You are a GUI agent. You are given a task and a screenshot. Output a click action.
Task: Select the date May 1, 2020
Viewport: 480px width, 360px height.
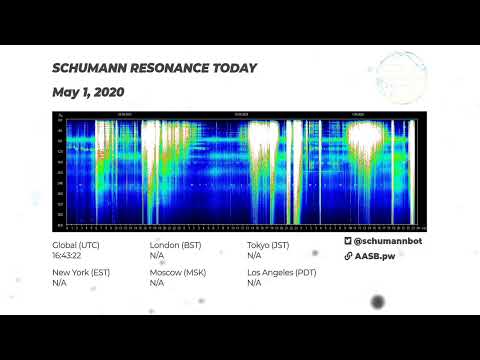pyautogui.click(x=88, y=92)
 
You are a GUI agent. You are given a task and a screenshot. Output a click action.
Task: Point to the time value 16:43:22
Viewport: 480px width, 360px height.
pyautogui.click(x=68, y=255)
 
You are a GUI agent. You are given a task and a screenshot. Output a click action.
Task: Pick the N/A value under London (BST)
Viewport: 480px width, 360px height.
pyautogui.click(x=157, y=255)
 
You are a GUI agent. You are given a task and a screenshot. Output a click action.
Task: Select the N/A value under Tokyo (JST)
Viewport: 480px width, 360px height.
pyautogui.click(x=254, y=255)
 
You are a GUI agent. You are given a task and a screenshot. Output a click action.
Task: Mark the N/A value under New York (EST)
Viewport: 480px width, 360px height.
pyautogui.click(x=59, y=283)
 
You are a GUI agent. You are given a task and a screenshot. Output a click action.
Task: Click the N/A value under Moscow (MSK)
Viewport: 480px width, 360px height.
pyautogui.click(x=157, y=283)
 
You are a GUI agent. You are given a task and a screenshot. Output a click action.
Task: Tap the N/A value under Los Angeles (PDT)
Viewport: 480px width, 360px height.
pyautogui.click(x=254, y=283)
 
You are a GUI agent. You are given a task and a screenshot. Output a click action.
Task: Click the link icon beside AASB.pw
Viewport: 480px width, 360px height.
pyautogui.click(x=348, y=256)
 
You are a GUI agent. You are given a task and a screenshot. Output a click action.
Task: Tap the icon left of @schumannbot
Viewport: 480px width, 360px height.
pyautogui.click(x=348, y=243)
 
